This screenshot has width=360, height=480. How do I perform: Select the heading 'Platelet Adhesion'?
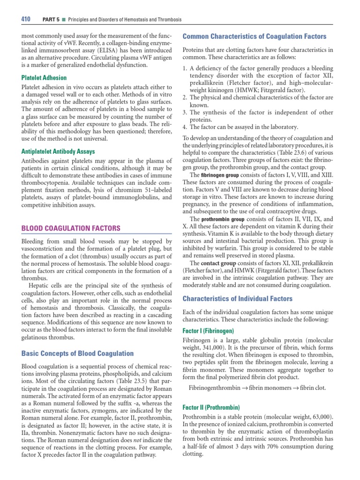tap(44, 77)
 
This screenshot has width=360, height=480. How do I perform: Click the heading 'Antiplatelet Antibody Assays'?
tap(59, 151)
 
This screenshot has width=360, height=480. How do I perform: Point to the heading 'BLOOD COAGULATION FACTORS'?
tap(71, 228)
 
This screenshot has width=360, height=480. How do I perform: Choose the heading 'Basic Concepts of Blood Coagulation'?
tap(77, 353)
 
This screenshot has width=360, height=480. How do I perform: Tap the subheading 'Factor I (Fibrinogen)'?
tap(209, 330)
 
